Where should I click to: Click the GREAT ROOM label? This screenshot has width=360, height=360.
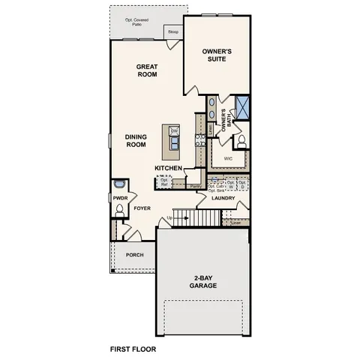point(146,70)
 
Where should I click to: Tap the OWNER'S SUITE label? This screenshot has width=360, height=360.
point(218,55)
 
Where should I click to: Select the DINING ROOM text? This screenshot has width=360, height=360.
point(135,140)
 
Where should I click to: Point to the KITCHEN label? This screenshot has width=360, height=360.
point(169,168)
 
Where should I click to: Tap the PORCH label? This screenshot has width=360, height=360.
point(135,255)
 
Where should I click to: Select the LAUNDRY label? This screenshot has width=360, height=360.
point(223,199)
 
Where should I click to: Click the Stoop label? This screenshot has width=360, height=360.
point(172,33)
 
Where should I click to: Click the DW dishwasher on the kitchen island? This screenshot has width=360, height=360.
point(174,132)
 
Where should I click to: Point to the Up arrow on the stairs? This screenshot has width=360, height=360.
point(171,217)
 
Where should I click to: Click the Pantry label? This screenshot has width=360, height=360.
point(195,185)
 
